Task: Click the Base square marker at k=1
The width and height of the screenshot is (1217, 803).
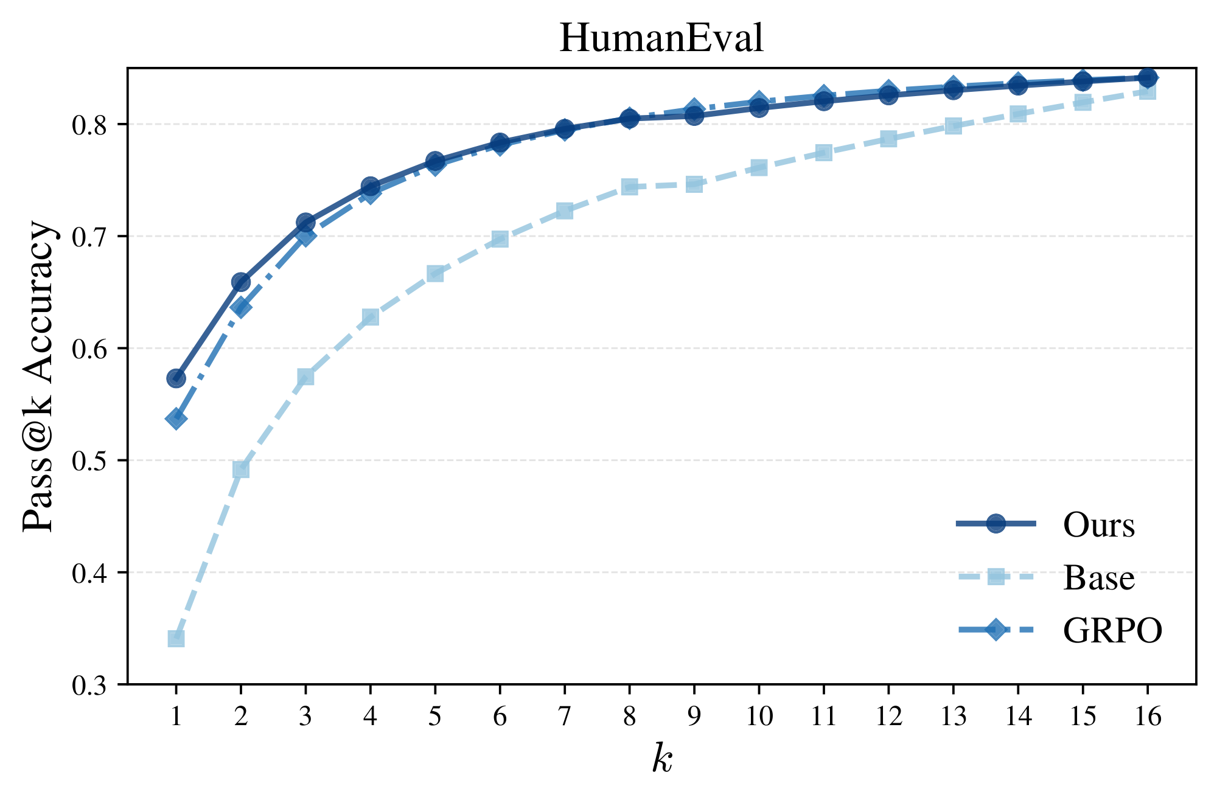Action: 176,639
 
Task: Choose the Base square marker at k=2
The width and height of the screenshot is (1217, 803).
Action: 241,470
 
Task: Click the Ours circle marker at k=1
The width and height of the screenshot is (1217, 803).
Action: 176,378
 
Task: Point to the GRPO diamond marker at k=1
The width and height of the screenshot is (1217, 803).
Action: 176,419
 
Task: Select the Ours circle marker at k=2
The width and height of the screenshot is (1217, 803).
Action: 241,282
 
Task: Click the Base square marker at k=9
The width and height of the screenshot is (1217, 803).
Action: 694,184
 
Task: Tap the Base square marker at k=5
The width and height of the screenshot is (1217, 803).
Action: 435,274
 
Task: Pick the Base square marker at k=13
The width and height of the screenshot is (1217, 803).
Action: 954,126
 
